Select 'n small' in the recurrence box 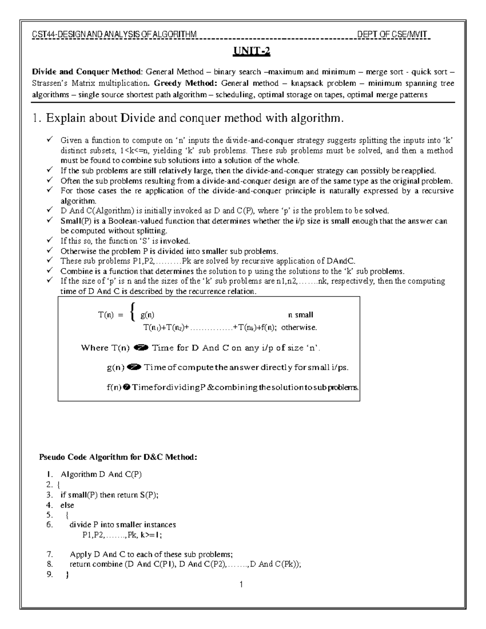click(301, 315)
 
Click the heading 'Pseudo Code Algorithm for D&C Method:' click(118, 457)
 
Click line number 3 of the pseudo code click(49, 495)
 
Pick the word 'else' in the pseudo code click(67, 505)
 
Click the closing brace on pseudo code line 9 click(67, 574)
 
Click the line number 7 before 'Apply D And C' click(49, 554)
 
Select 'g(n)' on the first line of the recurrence click(147, 315)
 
